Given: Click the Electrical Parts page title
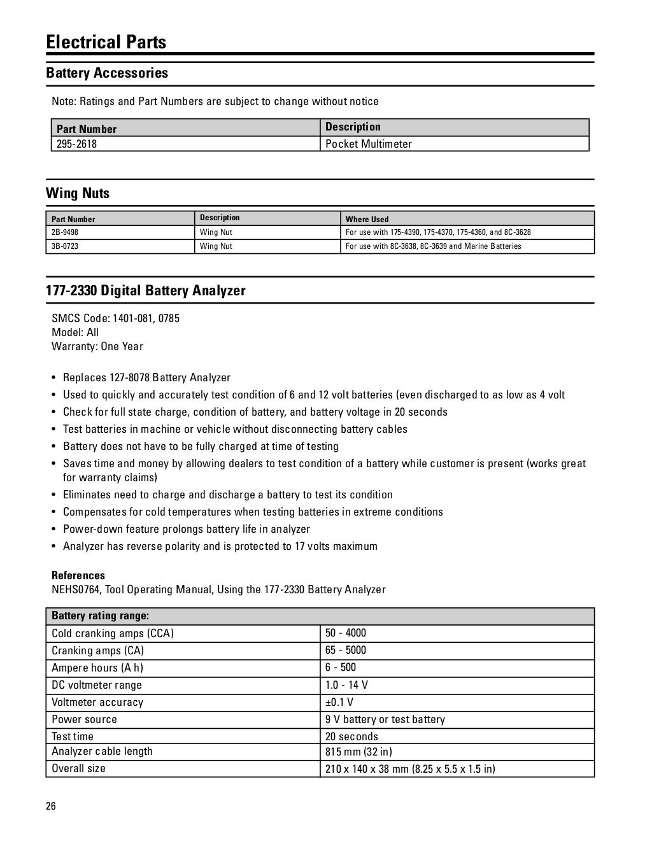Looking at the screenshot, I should pos(106,42).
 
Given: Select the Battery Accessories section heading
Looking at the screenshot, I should pos(107,73).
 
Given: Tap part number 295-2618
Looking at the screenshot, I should pos(76,144).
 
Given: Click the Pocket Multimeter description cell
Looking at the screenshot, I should pos(369,144).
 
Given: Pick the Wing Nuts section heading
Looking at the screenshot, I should pos(78,193).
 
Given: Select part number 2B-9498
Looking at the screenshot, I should pos(65,232).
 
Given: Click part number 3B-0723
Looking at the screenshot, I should pos(65,246).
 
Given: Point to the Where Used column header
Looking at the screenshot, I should pos(367,219).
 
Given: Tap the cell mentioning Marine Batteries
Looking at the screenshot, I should pos(433,246).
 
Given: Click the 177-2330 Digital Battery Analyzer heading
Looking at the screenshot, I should pos(146,291).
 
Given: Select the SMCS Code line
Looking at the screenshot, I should pos(115,318).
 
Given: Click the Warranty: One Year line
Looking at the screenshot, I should pos(97,346).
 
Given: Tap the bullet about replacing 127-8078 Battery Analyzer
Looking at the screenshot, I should pos(146,377).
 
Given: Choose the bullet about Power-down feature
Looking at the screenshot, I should pos(186,529).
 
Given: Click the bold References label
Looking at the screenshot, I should pos(78,575).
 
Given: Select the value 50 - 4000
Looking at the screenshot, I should pos(346,633).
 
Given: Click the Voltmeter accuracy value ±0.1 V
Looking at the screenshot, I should pos(339,702).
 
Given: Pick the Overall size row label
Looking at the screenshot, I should pos(79,768).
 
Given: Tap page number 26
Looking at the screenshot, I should pos(51,806).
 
